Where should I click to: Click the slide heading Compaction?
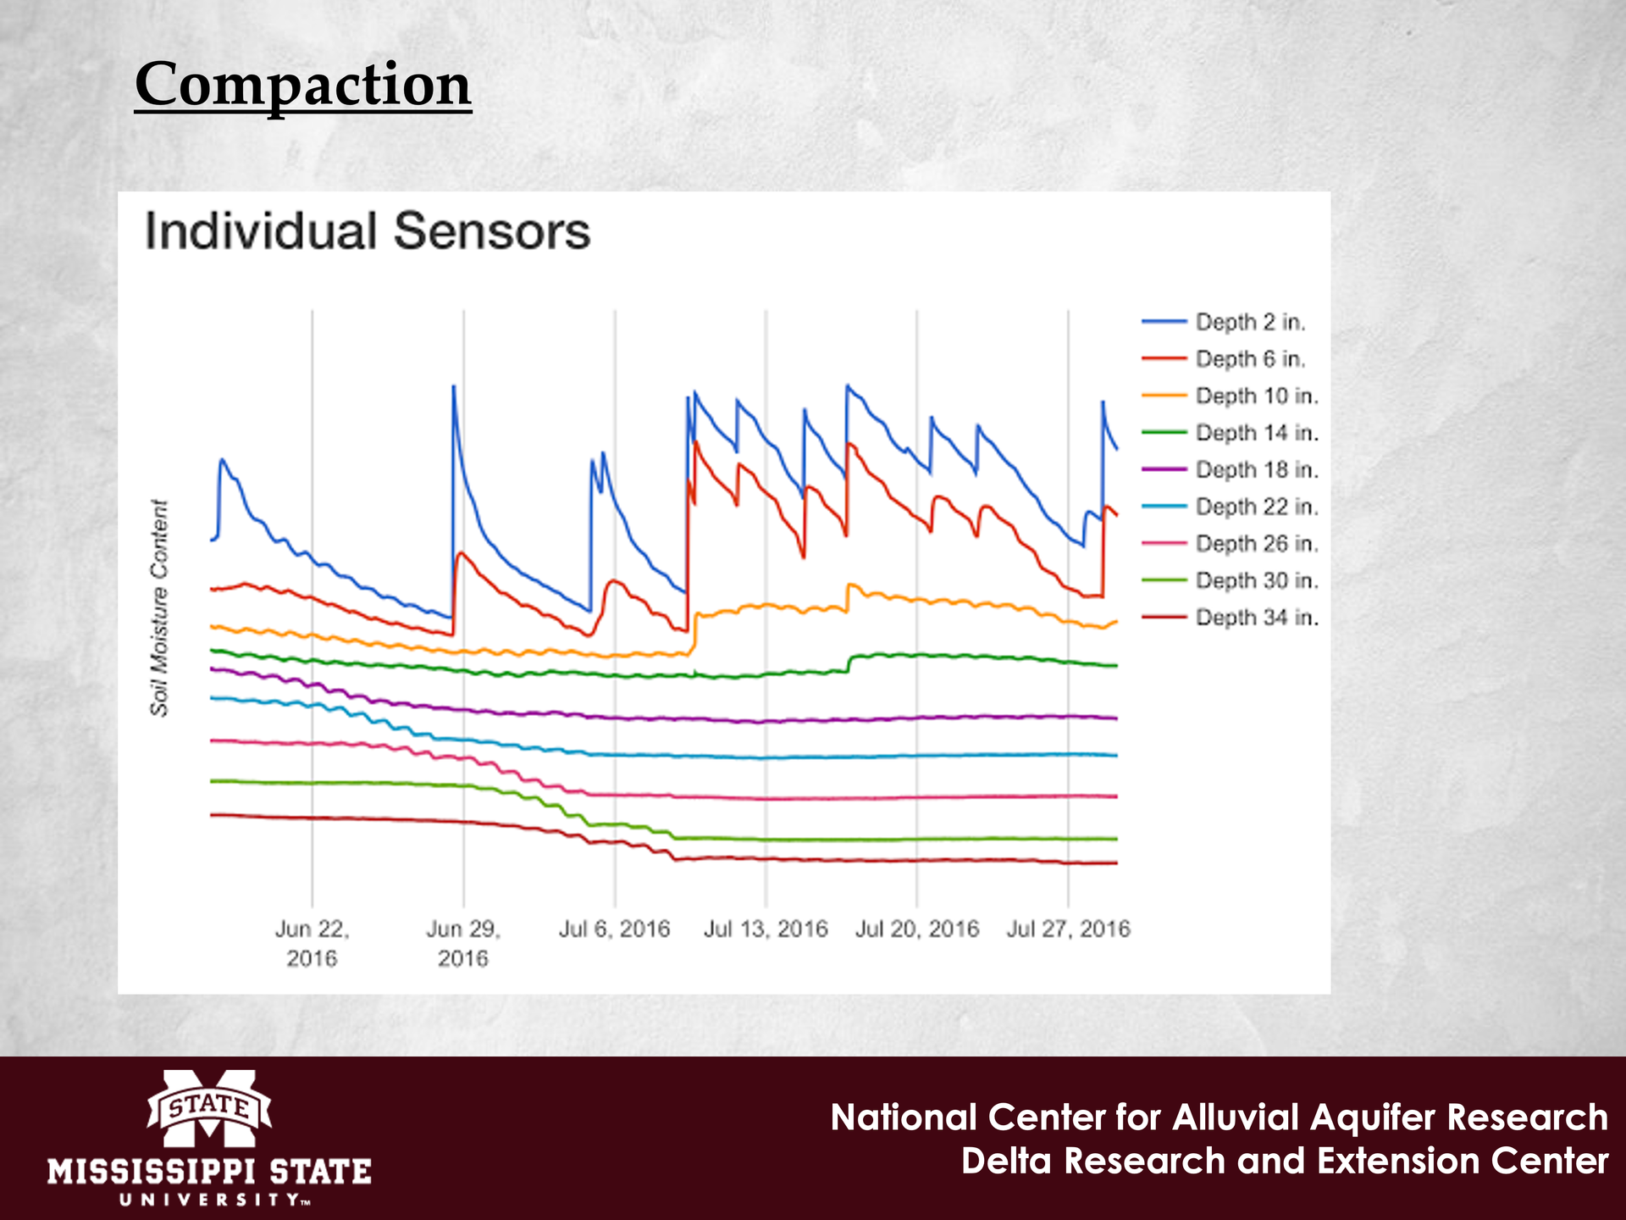click(x=302, y=85)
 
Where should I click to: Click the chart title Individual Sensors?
click(x=367, y=231)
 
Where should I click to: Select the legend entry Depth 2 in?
click(x=1250, y=322)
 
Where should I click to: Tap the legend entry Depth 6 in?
click(x=1250, y=359)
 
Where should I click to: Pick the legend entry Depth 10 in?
click(x=1257, y=396)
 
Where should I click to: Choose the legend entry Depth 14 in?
click(x=1257, y=433)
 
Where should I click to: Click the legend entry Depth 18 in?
click(x=1257, y=469)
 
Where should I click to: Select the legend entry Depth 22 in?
click(x=1257, y=507)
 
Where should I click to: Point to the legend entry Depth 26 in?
click(x=1257, y=543)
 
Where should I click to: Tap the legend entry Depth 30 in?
click(x=1257, y=580)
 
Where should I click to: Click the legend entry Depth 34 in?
click(x=1257, y=618)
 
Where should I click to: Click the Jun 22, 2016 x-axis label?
click(x=312, y=944)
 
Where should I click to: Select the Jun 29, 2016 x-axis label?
click(x=463, y=944)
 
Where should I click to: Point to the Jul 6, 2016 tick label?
click(x=614, y=929)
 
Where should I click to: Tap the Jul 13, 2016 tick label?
click(x=766, y=929)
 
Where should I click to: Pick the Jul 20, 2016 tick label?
click(x=917, y=929)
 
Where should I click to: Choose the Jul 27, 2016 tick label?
click(x=1068, y=929)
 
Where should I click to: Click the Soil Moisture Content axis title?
click(x=159, y=607)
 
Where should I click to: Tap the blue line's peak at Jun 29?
click(x=454, y=387)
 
